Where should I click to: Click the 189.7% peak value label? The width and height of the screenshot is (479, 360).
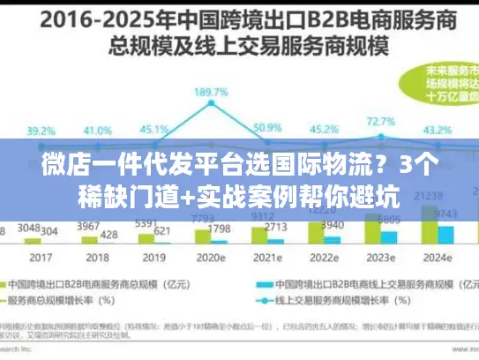212,91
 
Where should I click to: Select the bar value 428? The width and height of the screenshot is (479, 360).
109,234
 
